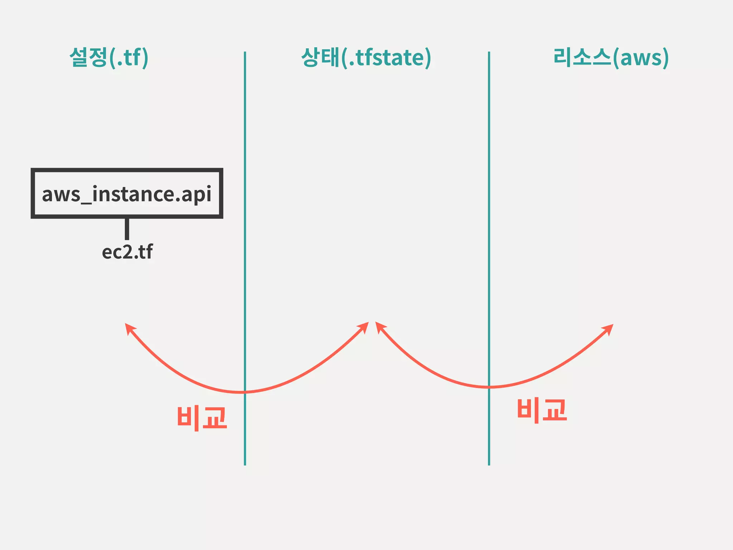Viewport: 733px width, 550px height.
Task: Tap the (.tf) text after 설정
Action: pos(129,58)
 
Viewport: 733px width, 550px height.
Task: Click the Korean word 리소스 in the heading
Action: pos(582,57)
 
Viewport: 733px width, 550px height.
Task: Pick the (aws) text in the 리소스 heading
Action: pos(641,58)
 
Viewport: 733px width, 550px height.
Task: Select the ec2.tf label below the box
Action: pos(127,252)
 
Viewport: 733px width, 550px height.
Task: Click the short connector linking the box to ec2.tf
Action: pos(127,229)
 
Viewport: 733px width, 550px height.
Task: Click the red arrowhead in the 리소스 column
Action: pos(609,328)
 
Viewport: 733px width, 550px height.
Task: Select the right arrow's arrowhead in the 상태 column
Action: pos(380,326)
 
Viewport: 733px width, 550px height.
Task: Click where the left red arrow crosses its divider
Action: pos(245,392)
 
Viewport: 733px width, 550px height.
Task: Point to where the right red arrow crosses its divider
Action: pos(489,387)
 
